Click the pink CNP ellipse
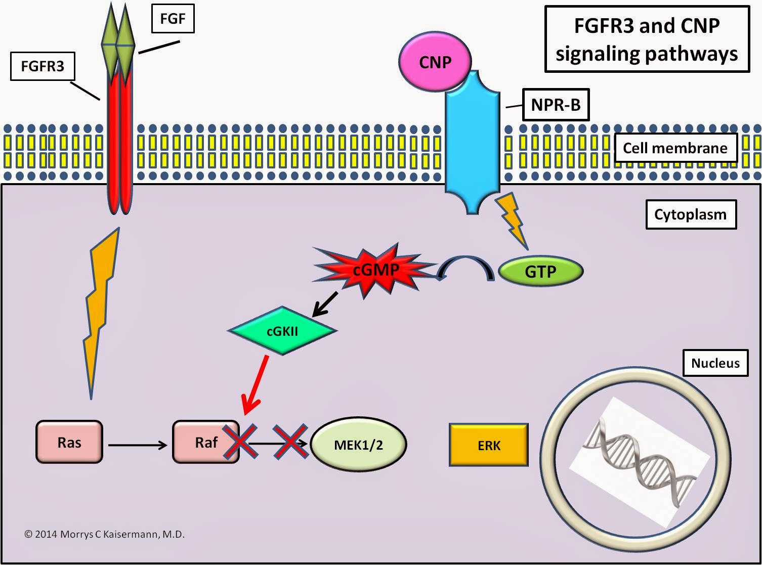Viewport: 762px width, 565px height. pos(435,62)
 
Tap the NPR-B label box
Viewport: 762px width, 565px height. pos(556,105)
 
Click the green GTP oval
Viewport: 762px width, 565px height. pos(540,272)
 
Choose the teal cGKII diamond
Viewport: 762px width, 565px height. pos(282,331)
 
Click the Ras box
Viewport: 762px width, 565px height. pos(69,443)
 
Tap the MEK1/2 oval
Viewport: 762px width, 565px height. pos(358,445)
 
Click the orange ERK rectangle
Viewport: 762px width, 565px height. pos(489,445)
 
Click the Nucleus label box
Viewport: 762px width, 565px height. pos(715,363)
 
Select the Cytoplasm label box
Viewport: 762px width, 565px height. pos(690,214)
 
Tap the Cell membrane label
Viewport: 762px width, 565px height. pos(674,148)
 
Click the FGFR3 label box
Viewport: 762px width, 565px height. pos(43,66)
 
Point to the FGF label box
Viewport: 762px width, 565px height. pos(173,19)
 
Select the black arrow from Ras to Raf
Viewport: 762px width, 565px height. pos(138,445)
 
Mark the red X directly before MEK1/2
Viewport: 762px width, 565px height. pos(290,442)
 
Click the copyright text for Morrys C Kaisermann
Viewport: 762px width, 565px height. pos(105,534)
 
